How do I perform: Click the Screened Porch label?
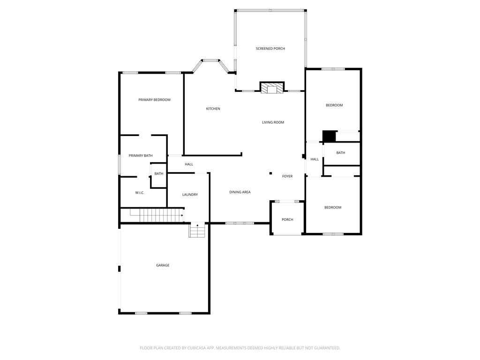pyautogui.click(x=270, y=49)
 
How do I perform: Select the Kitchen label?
pyautogui.click(x=213, y=109)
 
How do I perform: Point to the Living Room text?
pyautogui.click(x=273, y=122)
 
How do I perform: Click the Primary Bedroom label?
pyautogui.click(x=154, y=100)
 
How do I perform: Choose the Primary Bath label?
pyautogui.click(x=141, y=156)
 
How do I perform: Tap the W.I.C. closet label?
pyautogui.click(x=140, y=193)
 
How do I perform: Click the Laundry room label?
pyautogui.click(x=190, y=195)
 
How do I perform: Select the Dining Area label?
pyautogui.click(x=240, y=192)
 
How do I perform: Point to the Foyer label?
pyautogui.click(x=287, y=176)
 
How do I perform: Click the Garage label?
pyautogui.click(x=163, y=265)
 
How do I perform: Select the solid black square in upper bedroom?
pyautogui.click(x=329, y=136)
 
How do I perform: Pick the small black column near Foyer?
pyautogui.click(x=270, y=173)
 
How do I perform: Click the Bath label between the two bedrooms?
pyautogui.click(x=341, y=153)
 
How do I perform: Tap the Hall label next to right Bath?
pyautogui.click(x=315, y=159)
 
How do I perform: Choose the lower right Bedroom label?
pyautogui.click(x=333, y=207)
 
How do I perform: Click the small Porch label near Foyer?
pyautogui.click(x=287, y=219)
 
